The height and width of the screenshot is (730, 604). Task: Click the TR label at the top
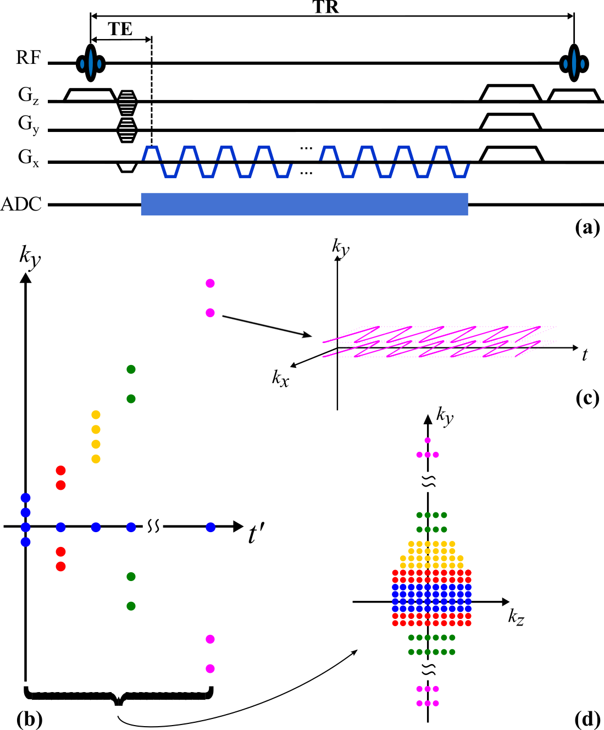click(x=326, y=7)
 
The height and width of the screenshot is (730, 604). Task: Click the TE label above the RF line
click(x=120, y=29)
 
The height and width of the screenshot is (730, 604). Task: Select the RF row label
click(x=28, y=57)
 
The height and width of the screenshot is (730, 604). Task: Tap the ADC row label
click(x=21, y=204)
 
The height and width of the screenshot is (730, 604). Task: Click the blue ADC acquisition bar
click(x=304, y=204)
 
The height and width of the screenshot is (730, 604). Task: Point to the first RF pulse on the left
click(x=90, y=63)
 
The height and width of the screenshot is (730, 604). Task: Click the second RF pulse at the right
click(x=574, y=63)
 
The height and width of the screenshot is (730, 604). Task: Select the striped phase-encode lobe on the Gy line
click(x=127, y=130)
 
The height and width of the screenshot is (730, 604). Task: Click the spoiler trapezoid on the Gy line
click(x=511, y=121)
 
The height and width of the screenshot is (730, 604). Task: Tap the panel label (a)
click(x=587, y=227)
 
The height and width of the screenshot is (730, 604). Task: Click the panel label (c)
click(x=587, y=397)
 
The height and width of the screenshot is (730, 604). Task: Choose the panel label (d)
click(x=587, y=718)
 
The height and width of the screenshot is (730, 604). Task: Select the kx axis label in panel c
click(x=280, y=378)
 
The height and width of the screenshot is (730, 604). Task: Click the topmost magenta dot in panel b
click(x=210, y=284)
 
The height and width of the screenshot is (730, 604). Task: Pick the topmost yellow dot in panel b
click(x=96, y=414)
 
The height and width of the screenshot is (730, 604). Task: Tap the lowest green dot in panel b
click(x=131, y=606)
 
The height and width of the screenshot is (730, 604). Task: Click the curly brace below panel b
click(x=118, y=696)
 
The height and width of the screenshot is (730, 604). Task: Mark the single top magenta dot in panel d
click(x=428, y=440)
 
